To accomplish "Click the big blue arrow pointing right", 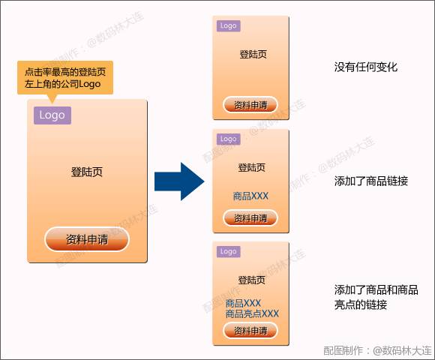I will tap(178, 181).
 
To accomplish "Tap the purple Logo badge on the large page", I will tap(52, 115).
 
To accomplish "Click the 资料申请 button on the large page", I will tap(87, 240).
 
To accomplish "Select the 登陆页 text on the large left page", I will tap(87, 172).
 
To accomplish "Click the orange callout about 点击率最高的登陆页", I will tap(64, 78).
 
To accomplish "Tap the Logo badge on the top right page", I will tap(228, 25).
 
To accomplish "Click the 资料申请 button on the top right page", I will tap(250, 105).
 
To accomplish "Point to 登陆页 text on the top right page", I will tap(253, 54).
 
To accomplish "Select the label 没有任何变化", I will tap(365, 67).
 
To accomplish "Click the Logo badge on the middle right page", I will tap(228, 139).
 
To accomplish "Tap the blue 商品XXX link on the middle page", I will tap(250, 196).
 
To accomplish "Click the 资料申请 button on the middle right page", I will tap(250, 218).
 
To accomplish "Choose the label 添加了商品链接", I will tap(370, 181).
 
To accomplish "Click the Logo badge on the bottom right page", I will tap(228, 251).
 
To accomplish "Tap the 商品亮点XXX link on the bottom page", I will tap(252, 313).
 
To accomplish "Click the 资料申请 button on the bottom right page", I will tap(250, 331).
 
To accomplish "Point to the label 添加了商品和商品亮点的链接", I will tap(376, 297).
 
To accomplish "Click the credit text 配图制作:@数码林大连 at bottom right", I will tap(377, 349).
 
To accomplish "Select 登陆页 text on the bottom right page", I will tap(252, 280).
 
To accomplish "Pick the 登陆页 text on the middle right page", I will tap(251, 167).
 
